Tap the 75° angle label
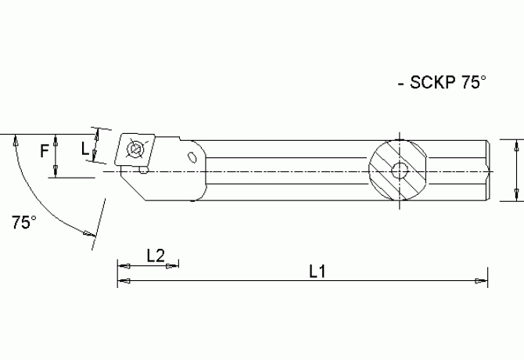23,222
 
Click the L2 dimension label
156,254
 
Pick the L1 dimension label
317,272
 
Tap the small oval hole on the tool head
192,157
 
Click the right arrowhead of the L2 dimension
173,264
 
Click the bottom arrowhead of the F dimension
56,173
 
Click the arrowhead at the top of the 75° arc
15,139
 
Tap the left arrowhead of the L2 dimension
122,264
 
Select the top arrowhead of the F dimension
56,139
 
